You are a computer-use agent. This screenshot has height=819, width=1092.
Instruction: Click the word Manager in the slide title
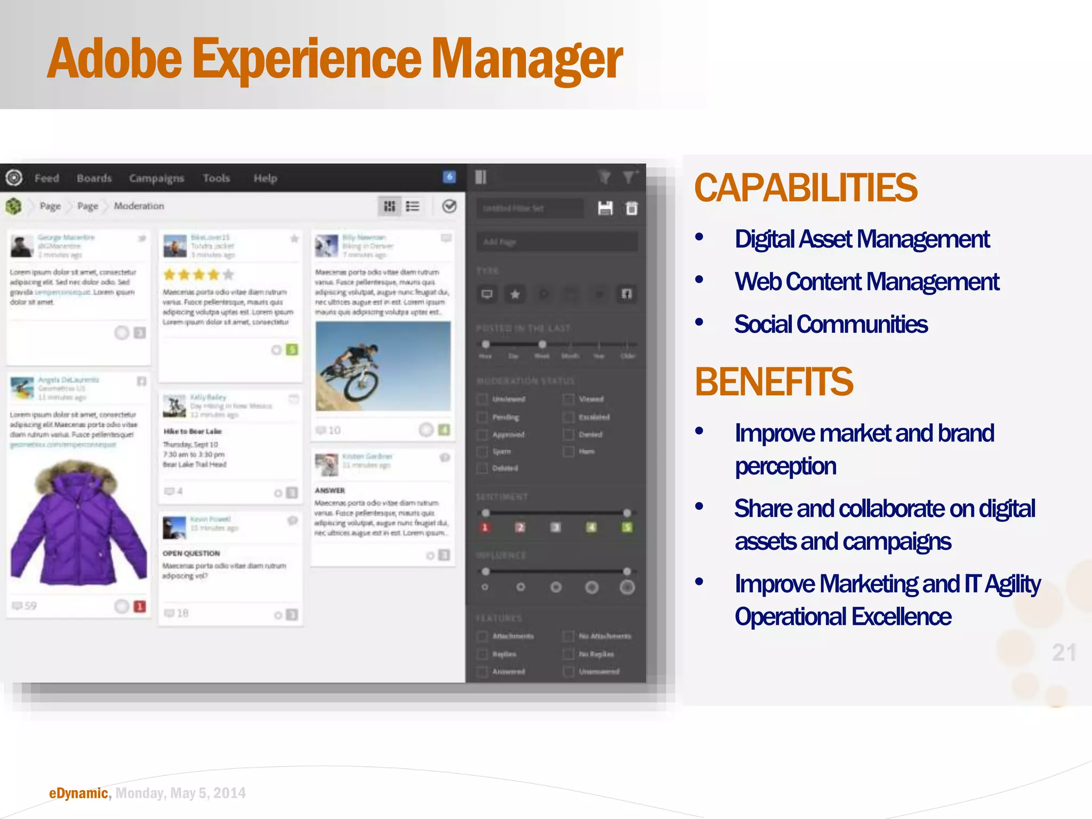tap(527, 60)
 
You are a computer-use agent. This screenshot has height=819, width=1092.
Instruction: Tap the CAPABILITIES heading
tap(805, 188)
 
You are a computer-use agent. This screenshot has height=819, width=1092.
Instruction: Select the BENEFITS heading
tap(774, 382)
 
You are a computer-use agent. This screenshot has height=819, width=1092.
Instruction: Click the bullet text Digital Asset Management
tap(862, 239)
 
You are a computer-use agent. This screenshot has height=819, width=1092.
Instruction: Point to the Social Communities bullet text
tap(831, 324)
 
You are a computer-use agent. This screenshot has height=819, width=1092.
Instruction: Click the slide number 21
tap(1064, 653)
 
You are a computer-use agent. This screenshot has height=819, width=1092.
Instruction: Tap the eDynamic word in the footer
tap(78, 793)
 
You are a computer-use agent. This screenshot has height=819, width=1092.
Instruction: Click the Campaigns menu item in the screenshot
tap(156, 178)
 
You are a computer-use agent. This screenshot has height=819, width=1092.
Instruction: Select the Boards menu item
tap(94, 178)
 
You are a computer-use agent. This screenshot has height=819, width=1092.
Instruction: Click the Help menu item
tap(265, 178)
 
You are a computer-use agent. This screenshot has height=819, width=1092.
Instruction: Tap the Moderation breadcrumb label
tap(139, 206)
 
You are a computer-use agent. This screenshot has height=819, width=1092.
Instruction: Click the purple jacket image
tap(78, 523)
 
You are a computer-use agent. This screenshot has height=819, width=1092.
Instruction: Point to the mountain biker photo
tap(383, 366)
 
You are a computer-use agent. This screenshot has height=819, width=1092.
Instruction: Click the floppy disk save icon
tap(605, 208)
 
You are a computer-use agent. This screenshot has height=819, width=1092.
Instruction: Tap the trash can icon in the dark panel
tap(631, 208)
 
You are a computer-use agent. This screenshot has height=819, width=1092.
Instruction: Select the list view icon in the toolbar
tap(413, 206)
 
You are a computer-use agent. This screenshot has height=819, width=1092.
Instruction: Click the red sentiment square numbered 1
tap(485, 527)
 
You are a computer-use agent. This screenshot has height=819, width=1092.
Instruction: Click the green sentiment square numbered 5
tap(627, 527)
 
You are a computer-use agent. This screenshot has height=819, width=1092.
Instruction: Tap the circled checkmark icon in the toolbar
tap(449, 206)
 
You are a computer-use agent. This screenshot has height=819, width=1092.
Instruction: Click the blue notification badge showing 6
tap(449, 177)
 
